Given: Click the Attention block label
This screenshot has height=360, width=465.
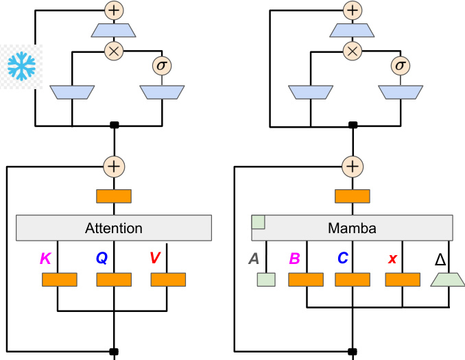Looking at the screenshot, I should click(x=114, y=228).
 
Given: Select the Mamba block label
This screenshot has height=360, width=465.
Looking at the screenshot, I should click(x=352, y=228).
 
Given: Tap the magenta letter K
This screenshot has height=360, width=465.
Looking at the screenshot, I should click(x=45, y=258).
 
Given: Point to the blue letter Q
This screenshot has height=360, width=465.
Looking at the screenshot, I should click(x=101, y=258).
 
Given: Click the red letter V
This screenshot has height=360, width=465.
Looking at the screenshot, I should click(x=155, y=258).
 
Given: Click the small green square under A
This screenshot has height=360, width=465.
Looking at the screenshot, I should click(x=265, y=280).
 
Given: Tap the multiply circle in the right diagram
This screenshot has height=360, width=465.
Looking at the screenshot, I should click(x=352, y=51).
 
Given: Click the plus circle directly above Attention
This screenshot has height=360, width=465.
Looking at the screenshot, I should click(x=114, y=166).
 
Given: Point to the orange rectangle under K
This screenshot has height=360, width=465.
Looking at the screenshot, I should click(x=59, y=280).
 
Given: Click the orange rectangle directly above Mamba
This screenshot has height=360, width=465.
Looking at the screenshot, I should click(x=352, y=196).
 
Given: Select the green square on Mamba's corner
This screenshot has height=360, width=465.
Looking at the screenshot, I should click(x=259, y=221).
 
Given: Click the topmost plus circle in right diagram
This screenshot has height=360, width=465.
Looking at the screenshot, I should click(x=352, y=10).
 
